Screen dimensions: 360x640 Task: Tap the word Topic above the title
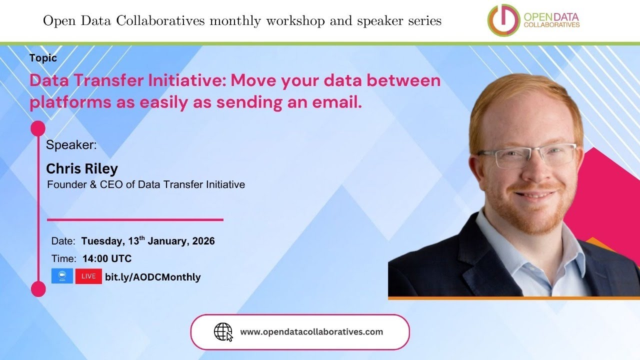[43, 58]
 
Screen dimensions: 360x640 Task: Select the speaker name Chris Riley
[82, 168]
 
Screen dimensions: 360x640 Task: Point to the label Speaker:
[71, 145]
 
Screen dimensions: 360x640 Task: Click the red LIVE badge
[88, 276]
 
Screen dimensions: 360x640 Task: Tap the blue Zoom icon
[62, 276]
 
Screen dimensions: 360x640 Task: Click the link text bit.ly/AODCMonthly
[152, 277]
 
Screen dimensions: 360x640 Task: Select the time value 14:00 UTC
[106, 258]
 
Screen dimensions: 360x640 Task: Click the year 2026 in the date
[203, 241]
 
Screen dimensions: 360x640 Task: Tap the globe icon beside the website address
[223, 331]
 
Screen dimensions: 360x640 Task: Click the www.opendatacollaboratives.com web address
[311, 331]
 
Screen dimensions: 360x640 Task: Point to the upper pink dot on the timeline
[38, 128]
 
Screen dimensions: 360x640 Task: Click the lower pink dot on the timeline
[38, 289]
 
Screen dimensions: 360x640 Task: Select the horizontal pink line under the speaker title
[135, 219]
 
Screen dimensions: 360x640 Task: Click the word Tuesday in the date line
[101, 241]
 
